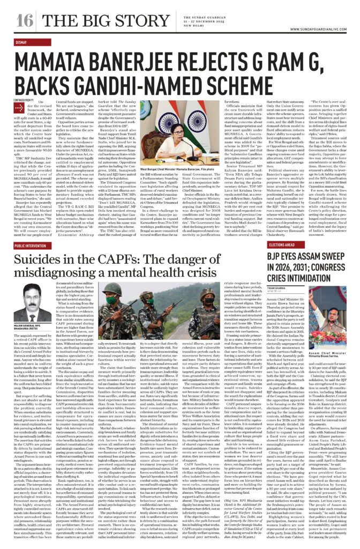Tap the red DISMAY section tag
point(22,42)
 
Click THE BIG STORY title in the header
point(96,22)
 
